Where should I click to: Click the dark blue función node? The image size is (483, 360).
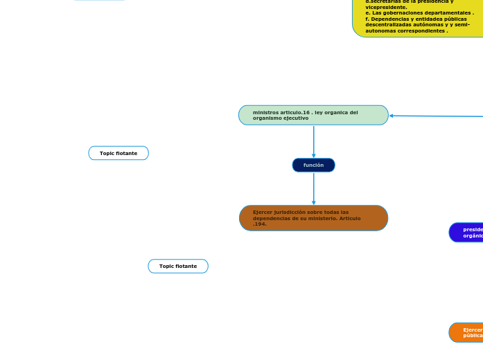[313, 165]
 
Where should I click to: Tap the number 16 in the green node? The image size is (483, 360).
[306, 112]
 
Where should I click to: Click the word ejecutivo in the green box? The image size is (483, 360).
[294, 118]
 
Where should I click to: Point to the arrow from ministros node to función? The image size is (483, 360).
[314, 142]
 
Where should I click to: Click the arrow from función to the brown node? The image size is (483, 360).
[314, 188]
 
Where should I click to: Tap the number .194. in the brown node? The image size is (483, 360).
[260, 224]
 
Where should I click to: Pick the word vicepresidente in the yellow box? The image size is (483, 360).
[386, 7]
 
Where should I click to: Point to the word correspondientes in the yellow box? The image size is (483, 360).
[422, 31]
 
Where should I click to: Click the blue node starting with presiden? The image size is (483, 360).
[467, 233]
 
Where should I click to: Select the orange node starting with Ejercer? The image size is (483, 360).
[467, 332]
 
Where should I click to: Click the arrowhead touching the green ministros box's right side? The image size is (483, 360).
[392, 116]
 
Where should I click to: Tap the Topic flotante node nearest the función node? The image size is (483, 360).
[178, 266]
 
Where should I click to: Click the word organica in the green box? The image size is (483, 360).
[344, 112]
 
